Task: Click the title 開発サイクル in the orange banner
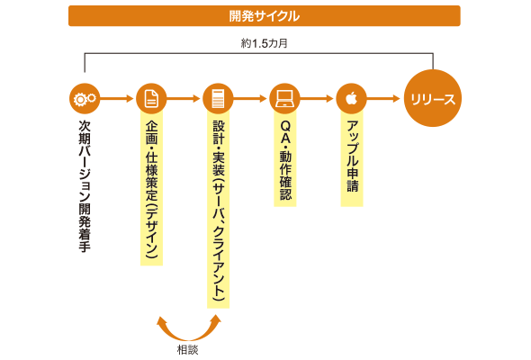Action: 264,16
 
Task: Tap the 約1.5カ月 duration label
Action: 264,43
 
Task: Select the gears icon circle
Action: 85,99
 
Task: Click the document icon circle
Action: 151,99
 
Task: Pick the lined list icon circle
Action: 218,99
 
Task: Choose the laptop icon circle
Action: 284,99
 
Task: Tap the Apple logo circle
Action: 351,99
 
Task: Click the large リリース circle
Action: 433,98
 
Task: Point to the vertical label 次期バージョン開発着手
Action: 85,186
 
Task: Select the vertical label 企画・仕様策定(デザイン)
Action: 151,190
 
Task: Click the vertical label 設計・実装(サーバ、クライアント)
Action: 218,211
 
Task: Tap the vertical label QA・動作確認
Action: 285,160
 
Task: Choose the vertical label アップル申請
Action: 352,156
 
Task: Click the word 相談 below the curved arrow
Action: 187,350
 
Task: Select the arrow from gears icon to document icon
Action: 117,99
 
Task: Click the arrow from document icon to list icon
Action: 184,99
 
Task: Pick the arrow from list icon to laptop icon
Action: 250,99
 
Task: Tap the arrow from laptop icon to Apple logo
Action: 317,99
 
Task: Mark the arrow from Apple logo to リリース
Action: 383,99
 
